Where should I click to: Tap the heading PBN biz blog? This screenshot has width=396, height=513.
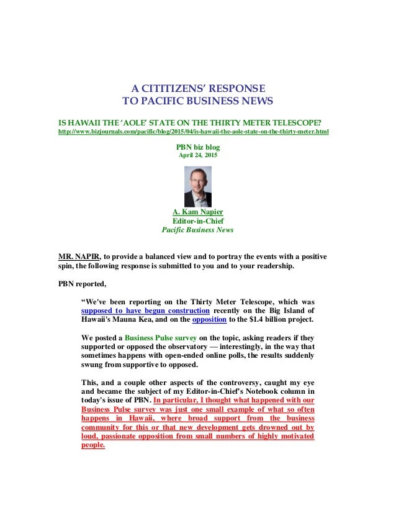coord(198,147)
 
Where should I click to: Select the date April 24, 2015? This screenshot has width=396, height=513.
coord(198,155)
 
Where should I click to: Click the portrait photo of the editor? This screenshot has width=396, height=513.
coord(198,187)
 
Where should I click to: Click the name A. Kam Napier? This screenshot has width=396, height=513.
coord(197,212)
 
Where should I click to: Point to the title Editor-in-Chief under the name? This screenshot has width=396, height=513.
coord(197,220)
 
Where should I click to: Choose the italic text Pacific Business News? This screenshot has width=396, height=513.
coord(197,230)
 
